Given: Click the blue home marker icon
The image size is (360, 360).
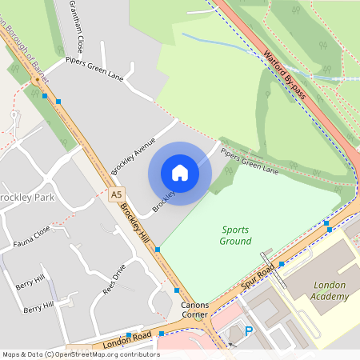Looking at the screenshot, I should tap(180, 172).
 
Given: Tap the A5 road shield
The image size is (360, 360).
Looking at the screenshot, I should tap(117, 194).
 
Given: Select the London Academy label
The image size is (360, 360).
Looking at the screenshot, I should tap(330, 290).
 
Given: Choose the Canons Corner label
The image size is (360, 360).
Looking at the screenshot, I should tap(194, 310).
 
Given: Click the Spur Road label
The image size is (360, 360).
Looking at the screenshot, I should tap(258, 276).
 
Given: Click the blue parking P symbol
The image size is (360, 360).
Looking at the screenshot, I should tap(248, 330).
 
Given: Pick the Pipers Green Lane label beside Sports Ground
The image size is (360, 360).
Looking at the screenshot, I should tap(250, 159).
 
